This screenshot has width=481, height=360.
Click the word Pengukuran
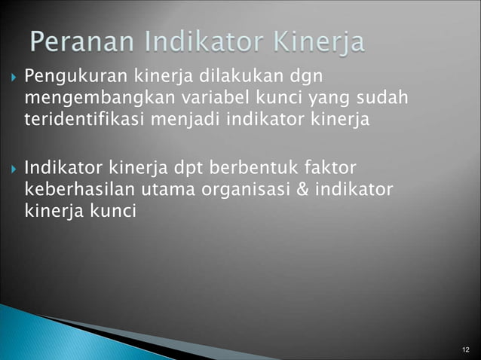tap(68, 77)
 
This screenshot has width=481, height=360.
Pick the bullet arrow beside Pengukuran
tap(13, 78)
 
